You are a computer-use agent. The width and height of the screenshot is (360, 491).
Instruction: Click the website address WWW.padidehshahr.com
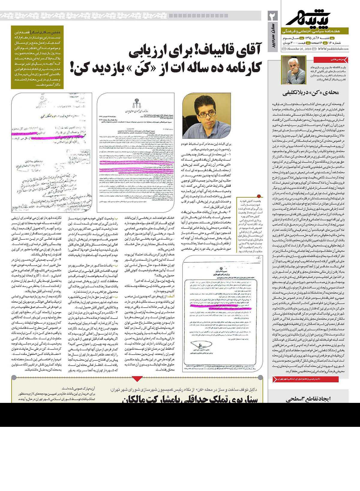point(333,49)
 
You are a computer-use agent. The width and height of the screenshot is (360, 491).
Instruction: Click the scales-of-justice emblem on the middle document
point(134,104)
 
